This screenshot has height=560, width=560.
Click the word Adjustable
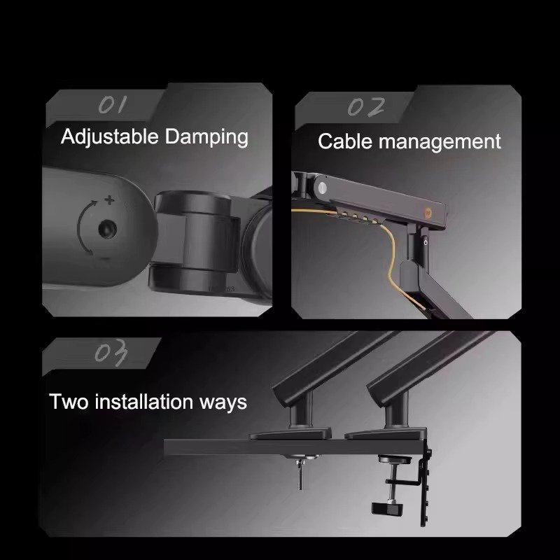pyautogui.click(x=109, y=137)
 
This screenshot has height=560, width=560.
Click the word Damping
pyautogui.click(x=206, y=137)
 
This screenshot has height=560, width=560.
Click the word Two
pyautogui.click(x=69, y=401)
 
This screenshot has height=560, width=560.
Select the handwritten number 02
pyautogui.click(x=366, y=107)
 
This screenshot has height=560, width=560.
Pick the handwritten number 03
pyautogui.click(x=111, y=353)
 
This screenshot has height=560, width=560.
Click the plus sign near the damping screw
pyautogui.click(x=109, y=200)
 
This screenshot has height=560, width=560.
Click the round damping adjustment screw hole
pyautogui.click(x=107, y=229)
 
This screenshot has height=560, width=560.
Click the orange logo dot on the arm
pyautogui.click(x=428, y=213)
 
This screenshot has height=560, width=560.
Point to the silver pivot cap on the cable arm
pyautogui.click(x=322, y=188)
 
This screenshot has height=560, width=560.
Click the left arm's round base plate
pyautogui.click(x=290, y=435)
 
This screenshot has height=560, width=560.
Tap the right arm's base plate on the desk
pyautogui.click(x=386, y=434)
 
